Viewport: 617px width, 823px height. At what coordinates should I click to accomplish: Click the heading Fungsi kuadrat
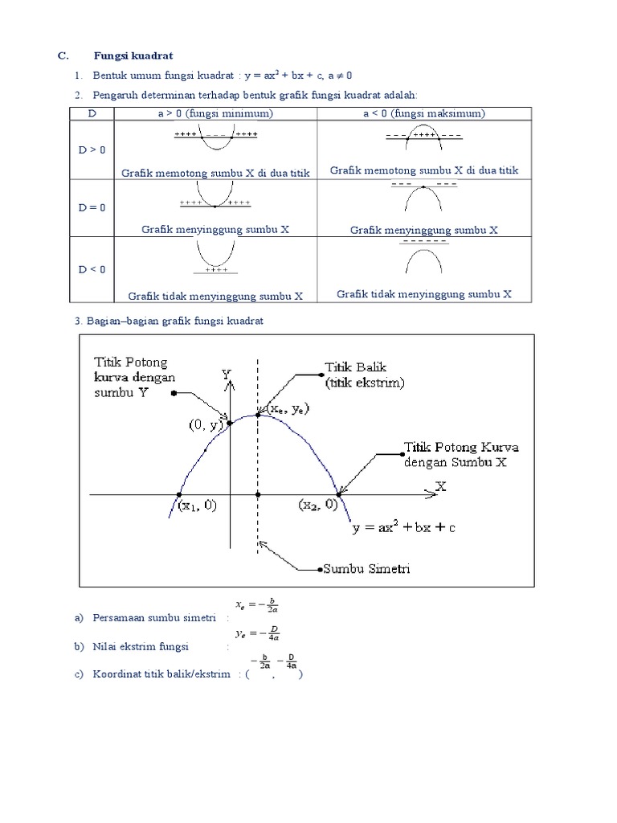coord(133,55)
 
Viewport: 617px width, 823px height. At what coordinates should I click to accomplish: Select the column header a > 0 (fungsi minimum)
coord(215,113)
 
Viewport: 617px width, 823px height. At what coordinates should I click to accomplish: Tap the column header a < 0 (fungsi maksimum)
coord(423,113)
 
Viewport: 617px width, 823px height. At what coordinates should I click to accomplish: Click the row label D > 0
coord(92,149)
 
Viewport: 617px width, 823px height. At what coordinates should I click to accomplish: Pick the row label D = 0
coord(92,207)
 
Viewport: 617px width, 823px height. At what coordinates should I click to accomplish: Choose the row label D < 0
coord(92,269)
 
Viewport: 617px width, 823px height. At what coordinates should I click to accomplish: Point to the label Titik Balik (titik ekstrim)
coord(364,375)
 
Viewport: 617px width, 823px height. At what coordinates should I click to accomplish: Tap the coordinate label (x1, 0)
coord(198,506)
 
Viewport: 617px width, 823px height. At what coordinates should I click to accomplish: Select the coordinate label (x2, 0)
coord(320,505)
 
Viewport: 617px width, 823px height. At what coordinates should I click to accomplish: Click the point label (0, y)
coord(206,427)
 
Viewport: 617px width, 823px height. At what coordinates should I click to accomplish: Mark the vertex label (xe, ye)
coord(288,409)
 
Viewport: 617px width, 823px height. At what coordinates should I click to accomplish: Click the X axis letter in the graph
coord(440,485)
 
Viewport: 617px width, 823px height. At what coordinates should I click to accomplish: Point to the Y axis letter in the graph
coord(226,374)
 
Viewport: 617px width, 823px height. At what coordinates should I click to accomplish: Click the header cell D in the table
coord(92,113)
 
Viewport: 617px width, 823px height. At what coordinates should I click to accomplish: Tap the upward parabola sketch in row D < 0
coord(215,255)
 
